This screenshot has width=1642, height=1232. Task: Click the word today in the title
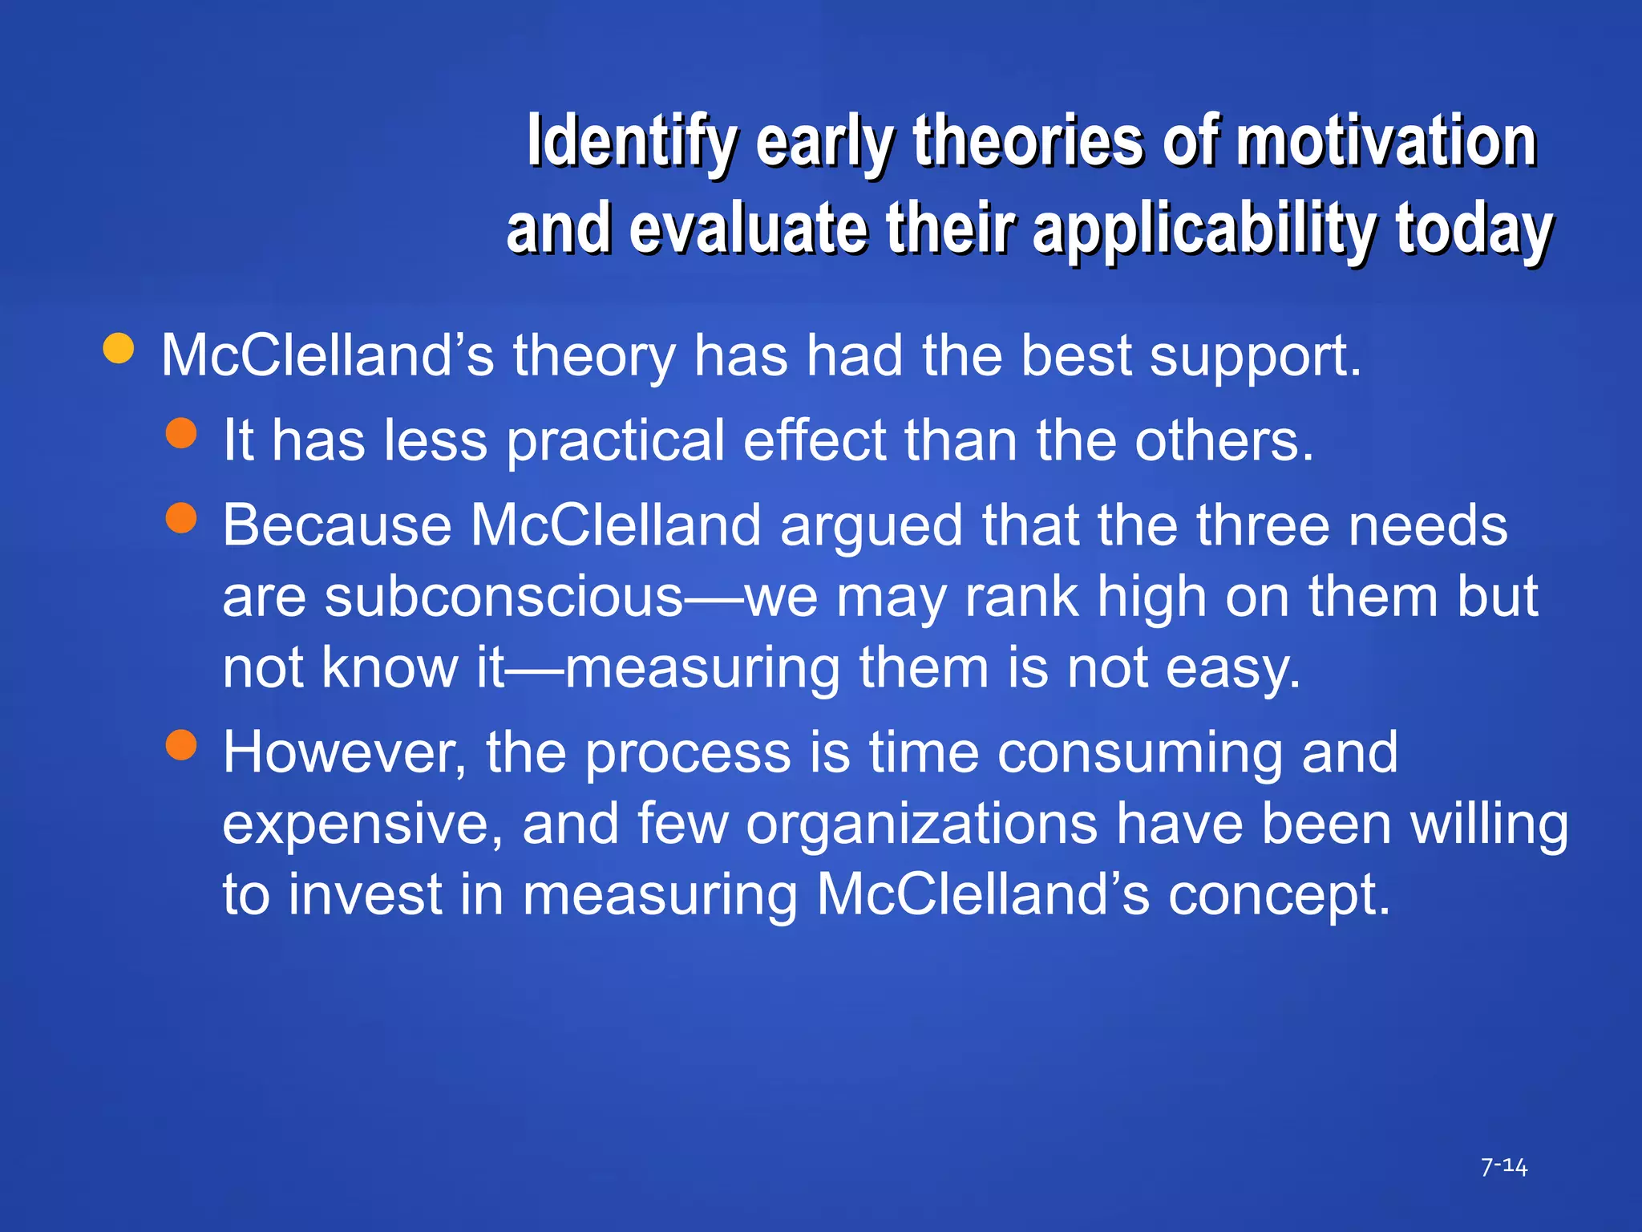pyautogui.click(x=1474, y=230)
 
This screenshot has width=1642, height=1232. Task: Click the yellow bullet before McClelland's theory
pyautogui.click(x=119, y=349)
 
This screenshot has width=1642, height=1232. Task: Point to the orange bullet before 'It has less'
pyautogui.click(x=181, y=433)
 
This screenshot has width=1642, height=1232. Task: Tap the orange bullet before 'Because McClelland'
pyautogui.click(x=181, y=518)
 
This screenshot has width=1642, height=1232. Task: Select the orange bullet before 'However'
pyautogui.click(x=181, y=745)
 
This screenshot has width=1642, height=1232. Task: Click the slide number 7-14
pyautogui.click(x=1504, y=1166)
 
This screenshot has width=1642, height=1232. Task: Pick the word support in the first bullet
pyautogui.click(x=1255, y=356)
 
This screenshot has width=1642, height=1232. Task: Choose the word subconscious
pyautogui.click(x=504, y=597)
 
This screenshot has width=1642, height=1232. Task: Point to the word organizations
pyautogui.click(x=921, y=825)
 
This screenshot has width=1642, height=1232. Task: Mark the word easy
pyautogui.click(x=1232, y=668)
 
